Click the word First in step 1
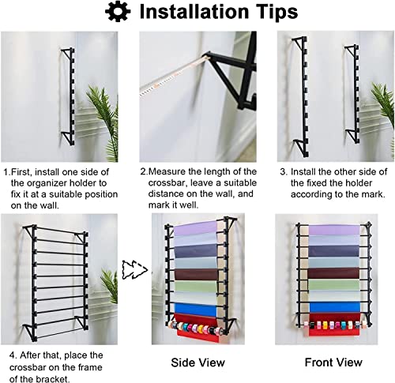(23, 171)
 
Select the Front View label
(335, 362)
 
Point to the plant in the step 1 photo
(102, 115)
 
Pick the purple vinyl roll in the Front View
(334, 230)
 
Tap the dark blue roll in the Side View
(197, 255)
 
